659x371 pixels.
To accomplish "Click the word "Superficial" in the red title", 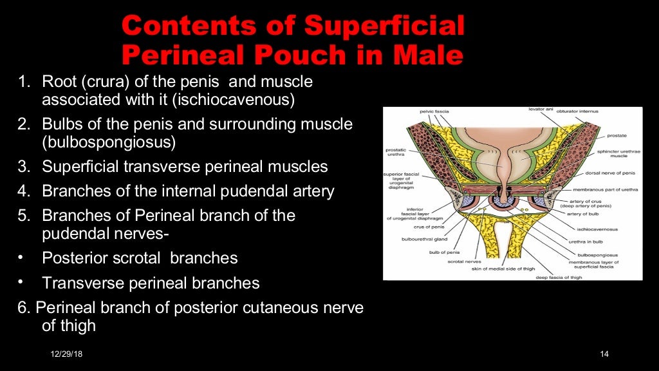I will click(x=384, y=26).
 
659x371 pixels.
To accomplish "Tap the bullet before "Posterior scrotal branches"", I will click(x=22, y=258).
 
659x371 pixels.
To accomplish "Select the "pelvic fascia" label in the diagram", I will click(x=436, y=111).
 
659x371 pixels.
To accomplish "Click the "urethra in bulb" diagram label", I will click(x=585, y=242).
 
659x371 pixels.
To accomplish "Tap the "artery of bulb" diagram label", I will click(x=583, y=213).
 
